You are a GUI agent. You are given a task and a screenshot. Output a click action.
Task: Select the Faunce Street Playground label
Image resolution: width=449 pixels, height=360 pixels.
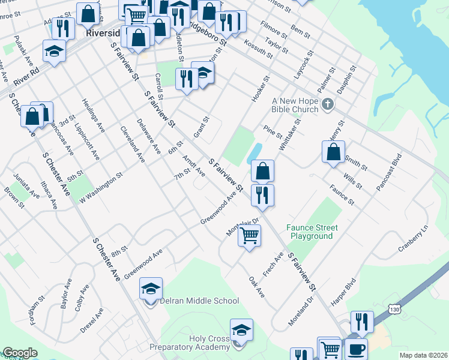pos(312,232)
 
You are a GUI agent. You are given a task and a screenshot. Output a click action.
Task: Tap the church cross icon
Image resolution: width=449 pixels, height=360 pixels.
pos(328,105)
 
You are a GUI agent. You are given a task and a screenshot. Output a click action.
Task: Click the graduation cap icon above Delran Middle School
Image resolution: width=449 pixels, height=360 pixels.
pos(151,289)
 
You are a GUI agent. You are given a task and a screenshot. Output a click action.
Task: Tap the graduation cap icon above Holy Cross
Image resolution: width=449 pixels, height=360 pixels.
pos(241,329)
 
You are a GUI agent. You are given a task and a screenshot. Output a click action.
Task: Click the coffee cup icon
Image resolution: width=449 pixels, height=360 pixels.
pos(355,349)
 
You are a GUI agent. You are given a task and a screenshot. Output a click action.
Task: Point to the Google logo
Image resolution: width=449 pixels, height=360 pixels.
pos(19,353)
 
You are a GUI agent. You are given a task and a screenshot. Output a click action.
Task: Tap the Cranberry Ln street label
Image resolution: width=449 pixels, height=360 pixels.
pos(414,239)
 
